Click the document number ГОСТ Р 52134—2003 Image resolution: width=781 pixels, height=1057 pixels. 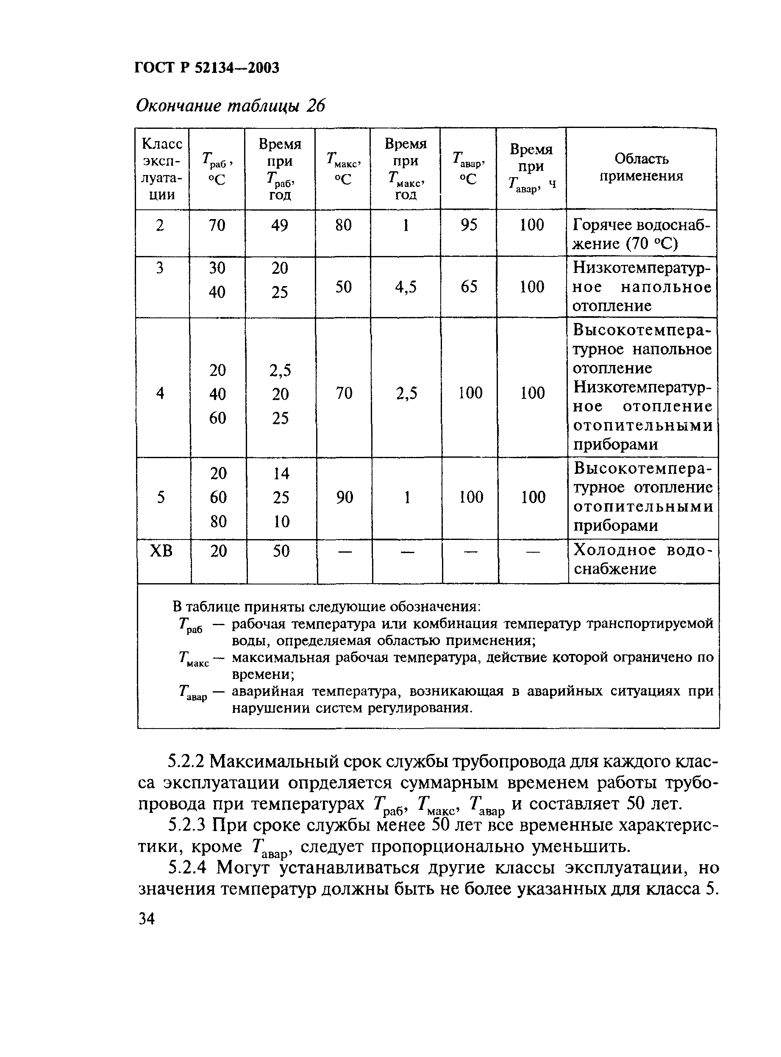207,68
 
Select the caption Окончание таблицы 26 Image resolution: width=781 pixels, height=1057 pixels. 230,106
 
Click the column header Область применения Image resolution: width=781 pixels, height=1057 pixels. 641,167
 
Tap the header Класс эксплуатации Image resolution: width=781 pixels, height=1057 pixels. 162,169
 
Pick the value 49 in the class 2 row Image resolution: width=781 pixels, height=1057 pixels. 279,225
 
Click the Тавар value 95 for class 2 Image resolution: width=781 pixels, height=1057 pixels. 469,225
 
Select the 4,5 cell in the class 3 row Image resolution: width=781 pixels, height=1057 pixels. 406,287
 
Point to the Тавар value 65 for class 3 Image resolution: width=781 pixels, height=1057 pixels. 469,287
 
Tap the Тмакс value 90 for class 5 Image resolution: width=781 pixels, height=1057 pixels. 344,497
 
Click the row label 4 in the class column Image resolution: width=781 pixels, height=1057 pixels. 160,393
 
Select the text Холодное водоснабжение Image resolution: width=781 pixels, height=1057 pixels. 642,559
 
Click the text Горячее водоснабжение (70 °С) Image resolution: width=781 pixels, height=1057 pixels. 641,234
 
